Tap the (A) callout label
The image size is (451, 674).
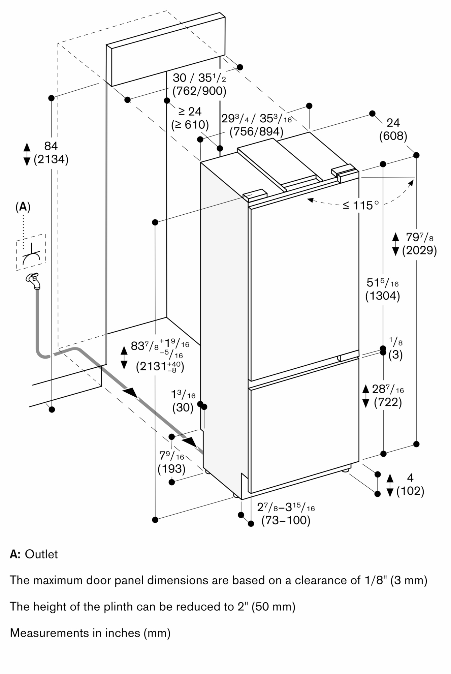click(x=23, y=207)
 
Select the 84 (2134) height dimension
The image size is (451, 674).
click(x=51, y=153)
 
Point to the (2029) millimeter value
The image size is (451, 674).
click(x=419, y=250)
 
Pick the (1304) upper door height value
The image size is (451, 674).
click(x=383, y=296)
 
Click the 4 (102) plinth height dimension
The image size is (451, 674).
click(x=410, y=484)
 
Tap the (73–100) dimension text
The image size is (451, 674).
click(x=286, y=520)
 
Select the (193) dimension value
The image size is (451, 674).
click(x=171, y=468)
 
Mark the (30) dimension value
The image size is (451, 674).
click(x=183, y=408)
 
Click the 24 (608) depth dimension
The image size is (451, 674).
click(x=393, y=129)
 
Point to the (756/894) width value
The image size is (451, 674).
click(x=256, y=131)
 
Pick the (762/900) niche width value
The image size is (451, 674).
click(x=199, y=91)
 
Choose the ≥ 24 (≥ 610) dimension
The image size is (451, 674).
click(x=190, y=118)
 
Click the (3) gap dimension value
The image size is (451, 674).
click(x=396, y=355)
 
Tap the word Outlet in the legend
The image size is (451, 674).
click(x=41, y=554)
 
